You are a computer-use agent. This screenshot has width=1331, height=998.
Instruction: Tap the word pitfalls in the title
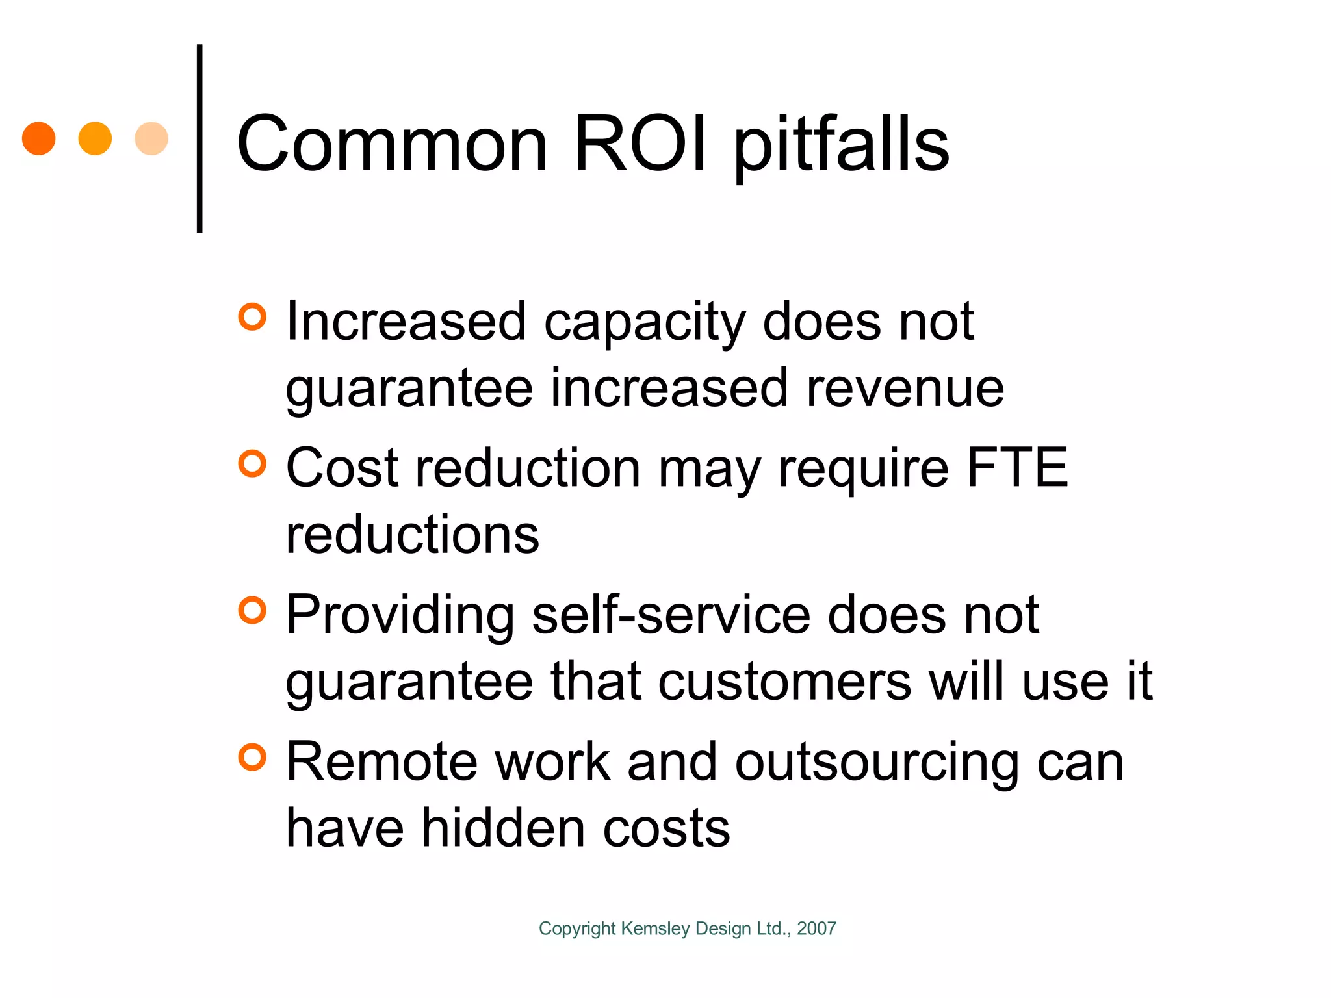pos(842,146)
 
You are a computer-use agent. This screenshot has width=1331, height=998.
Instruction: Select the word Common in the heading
pos(393,144)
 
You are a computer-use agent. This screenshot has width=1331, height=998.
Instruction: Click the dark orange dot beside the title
pos(39,138)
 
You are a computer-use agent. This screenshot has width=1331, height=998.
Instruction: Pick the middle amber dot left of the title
pos(95,138)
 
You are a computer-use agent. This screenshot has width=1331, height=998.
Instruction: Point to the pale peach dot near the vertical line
pos(151,138)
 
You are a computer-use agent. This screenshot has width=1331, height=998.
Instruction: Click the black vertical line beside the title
pos(200,138)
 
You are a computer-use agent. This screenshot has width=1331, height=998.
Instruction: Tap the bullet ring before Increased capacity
pos(252,317)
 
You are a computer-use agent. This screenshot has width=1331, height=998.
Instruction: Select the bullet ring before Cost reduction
pos(252,464)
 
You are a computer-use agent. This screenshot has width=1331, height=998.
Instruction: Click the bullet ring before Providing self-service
pos(252,611)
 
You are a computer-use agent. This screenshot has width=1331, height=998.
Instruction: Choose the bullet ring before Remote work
pos(252,758)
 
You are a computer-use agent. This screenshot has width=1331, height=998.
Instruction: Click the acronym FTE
pos(1017,467)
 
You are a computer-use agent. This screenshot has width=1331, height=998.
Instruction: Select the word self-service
pos(671,615)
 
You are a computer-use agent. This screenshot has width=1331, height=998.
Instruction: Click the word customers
pos(785,682)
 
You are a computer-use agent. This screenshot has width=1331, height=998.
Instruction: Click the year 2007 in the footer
pos(816,928)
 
